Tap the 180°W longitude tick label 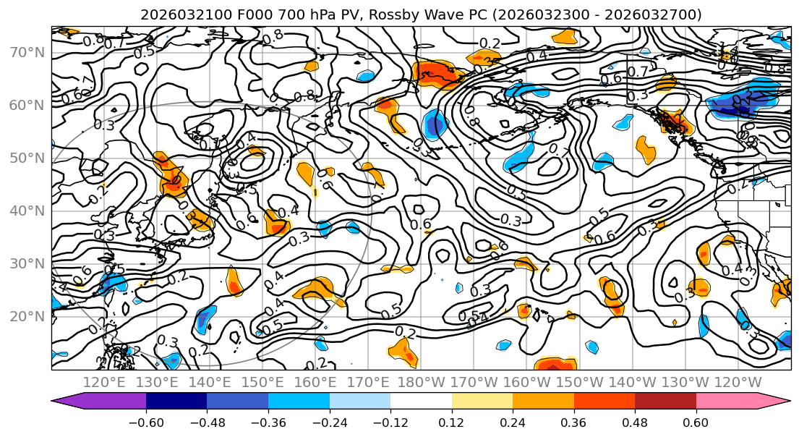click(x=423, y=381)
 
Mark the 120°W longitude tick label click(x=738, y=381)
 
